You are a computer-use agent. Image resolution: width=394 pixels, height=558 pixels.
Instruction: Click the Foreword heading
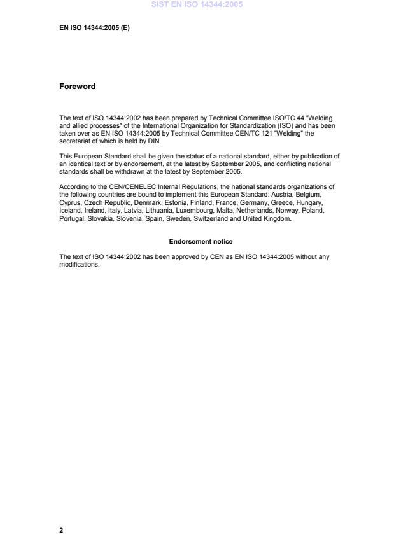tap(77, 87)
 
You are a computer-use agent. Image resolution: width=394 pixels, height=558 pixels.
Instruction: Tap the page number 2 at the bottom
tap(61, 530)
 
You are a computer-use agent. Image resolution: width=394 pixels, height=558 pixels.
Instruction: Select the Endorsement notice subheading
tap(201, 242)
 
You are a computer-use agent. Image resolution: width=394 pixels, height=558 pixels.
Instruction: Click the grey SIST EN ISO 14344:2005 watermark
tap(197, 4)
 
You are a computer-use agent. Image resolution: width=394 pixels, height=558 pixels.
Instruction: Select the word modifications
tap(80, 265)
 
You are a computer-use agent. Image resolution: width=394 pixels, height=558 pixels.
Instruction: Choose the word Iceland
tap(70, 210)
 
